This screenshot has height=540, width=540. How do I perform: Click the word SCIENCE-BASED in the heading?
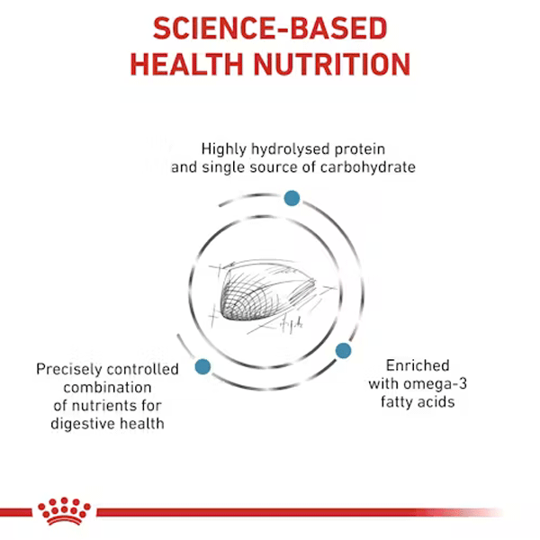tap(270, 28)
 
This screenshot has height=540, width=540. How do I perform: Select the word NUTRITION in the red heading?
tap(332, 65)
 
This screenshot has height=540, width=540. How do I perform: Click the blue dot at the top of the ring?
tap(292, 198)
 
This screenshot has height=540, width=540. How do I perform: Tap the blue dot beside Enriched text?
tap(344, 351)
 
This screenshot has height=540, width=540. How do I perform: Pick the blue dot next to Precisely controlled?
tap(202, 366)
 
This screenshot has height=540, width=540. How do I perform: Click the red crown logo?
tap(65, 510)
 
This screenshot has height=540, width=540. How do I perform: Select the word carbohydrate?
tap(368, 167)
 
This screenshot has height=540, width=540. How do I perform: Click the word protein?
tap(360, 150)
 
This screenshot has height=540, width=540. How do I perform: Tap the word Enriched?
tap(418, 365)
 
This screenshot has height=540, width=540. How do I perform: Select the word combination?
tap(107, 387)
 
